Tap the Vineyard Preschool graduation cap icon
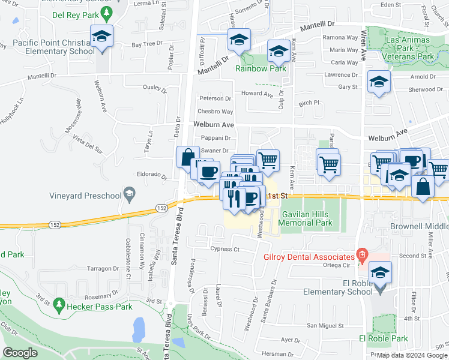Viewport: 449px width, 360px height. [128, 193]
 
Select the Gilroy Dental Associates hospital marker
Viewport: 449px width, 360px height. [361, 254]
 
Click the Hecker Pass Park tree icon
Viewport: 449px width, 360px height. [59, 307]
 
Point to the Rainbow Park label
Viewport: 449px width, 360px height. [260, 68]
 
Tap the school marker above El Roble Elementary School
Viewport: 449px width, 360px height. [379, 272]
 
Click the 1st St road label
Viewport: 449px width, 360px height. [274, 196]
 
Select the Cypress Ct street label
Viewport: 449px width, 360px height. [224, 249]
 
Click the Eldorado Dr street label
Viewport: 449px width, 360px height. [151, 176]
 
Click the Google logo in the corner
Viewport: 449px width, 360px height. [21, 353]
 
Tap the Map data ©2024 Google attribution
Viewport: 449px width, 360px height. [412, 355]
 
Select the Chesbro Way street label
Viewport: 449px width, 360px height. [216, 112]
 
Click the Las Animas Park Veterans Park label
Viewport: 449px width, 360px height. [409, 48]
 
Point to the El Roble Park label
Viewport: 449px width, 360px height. [383, 338]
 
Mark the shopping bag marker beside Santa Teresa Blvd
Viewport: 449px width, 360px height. [187, 157]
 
